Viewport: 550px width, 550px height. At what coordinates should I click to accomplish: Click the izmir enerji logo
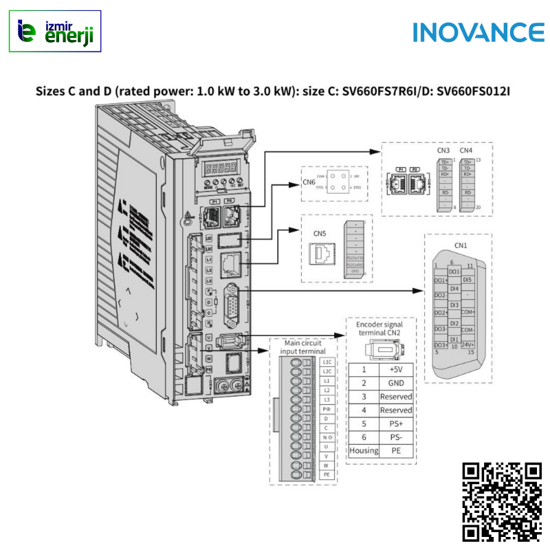coord(55,31)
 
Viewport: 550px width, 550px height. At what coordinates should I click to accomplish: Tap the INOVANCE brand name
coord(478,32)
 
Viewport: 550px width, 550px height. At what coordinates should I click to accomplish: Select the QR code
coord(503,501)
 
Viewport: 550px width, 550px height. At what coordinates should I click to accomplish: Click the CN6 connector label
coord(309,183)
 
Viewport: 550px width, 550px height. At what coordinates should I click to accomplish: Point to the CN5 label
coord(320,232)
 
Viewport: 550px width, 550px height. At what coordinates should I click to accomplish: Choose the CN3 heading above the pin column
coord(443,150)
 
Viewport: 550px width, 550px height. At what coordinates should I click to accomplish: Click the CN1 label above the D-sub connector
coord(460,245)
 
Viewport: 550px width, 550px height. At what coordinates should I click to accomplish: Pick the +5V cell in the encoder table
coord(396,369)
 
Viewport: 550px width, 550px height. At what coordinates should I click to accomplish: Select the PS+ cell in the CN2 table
coord(396,423)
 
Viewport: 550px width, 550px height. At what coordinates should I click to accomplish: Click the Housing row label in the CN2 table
coord(364,451)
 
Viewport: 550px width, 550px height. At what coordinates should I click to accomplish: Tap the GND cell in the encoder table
coord(396,383)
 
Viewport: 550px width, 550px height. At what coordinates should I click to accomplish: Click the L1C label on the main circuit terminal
coord(327,361)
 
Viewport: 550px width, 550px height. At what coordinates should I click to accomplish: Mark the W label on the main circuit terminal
coord(327,465)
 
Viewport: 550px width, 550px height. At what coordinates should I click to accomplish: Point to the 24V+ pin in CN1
coord(468,344)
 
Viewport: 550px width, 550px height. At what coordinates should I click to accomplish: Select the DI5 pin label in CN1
coord(467,280)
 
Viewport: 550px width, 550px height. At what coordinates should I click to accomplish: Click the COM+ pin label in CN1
coord(468,312)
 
